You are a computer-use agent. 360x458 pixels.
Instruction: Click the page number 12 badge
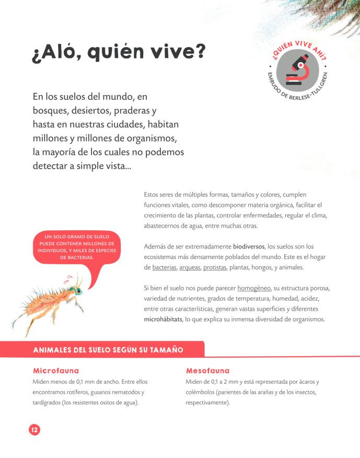pos(34,430)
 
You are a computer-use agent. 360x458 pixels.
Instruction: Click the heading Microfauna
pos(56,371)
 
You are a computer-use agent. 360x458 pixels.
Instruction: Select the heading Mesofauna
pos(207,371)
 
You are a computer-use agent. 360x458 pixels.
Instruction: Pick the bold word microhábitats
pos(162,320)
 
